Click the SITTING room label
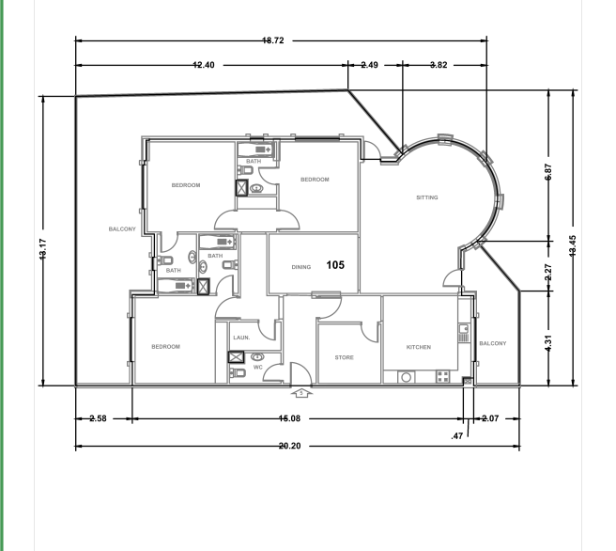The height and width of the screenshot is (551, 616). [x=427, y=197]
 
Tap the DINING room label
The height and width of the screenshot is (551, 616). [x=300, y=267]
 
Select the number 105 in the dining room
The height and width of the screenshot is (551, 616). [x=335, y=265]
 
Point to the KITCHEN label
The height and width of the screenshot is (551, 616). [x=419, y=347]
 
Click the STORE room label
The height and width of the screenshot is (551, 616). [x=344, y=357]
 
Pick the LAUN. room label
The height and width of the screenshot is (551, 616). [x=240, y=337]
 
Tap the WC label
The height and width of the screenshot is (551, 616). [x=257, y=368]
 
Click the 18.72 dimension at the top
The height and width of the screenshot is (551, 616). [x=273, y=40]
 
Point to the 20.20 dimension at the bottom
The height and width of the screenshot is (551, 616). [x=289, y=446]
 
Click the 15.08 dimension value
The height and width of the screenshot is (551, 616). [x=289, y=417]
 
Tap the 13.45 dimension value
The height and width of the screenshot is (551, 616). [x=574, y=246]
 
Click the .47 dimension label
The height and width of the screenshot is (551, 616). [x=457, y=436]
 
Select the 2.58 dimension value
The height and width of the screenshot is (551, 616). [x=98, y=417]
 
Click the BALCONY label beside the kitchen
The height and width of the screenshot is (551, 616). [x=493, y=343]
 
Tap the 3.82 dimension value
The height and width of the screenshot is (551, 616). [x=439, y=65]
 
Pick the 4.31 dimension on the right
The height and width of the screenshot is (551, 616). [x=548, y=339]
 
